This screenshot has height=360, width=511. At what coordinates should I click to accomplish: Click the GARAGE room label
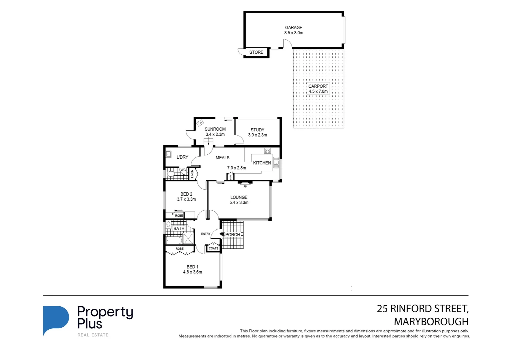coord(294,28)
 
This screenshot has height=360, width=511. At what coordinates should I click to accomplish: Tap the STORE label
coord(256,52)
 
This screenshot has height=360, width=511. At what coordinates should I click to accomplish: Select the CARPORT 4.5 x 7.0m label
coord(318,89)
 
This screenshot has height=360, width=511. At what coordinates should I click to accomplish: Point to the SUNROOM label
coord(215,129)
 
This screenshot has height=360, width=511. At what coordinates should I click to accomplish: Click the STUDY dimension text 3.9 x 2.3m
coord(258,135)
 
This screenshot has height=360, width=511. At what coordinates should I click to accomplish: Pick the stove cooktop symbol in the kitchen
coord(267,151)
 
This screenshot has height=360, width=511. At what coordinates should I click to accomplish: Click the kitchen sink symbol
coord(276,163)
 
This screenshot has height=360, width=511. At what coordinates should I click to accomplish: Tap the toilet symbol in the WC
coord(171,174)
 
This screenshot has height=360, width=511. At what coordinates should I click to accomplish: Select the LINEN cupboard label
coord(192,174)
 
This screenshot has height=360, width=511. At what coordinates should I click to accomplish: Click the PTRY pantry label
coord(230,177)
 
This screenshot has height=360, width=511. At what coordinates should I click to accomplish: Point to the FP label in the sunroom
coord(200,123)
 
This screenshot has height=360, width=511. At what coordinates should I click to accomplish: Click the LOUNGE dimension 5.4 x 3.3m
coord(239,203)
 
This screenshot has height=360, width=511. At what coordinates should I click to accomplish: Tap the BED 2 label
coord(186,194)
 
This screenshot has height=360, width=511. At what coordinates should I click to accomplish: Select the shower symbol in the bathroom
coord(188,239)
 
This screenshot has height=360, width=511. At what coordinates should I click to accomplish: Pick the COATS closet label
coord(213,248)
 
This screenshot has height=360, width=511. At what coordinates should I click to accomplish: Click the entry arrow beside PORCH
coord(222,234)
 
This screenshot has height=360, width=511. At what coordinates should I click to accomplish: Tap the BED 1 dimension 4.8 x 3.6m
coord(192,272)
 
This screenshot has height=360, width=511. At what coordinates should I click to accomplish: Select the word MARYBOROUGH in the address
coord(431,322)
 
